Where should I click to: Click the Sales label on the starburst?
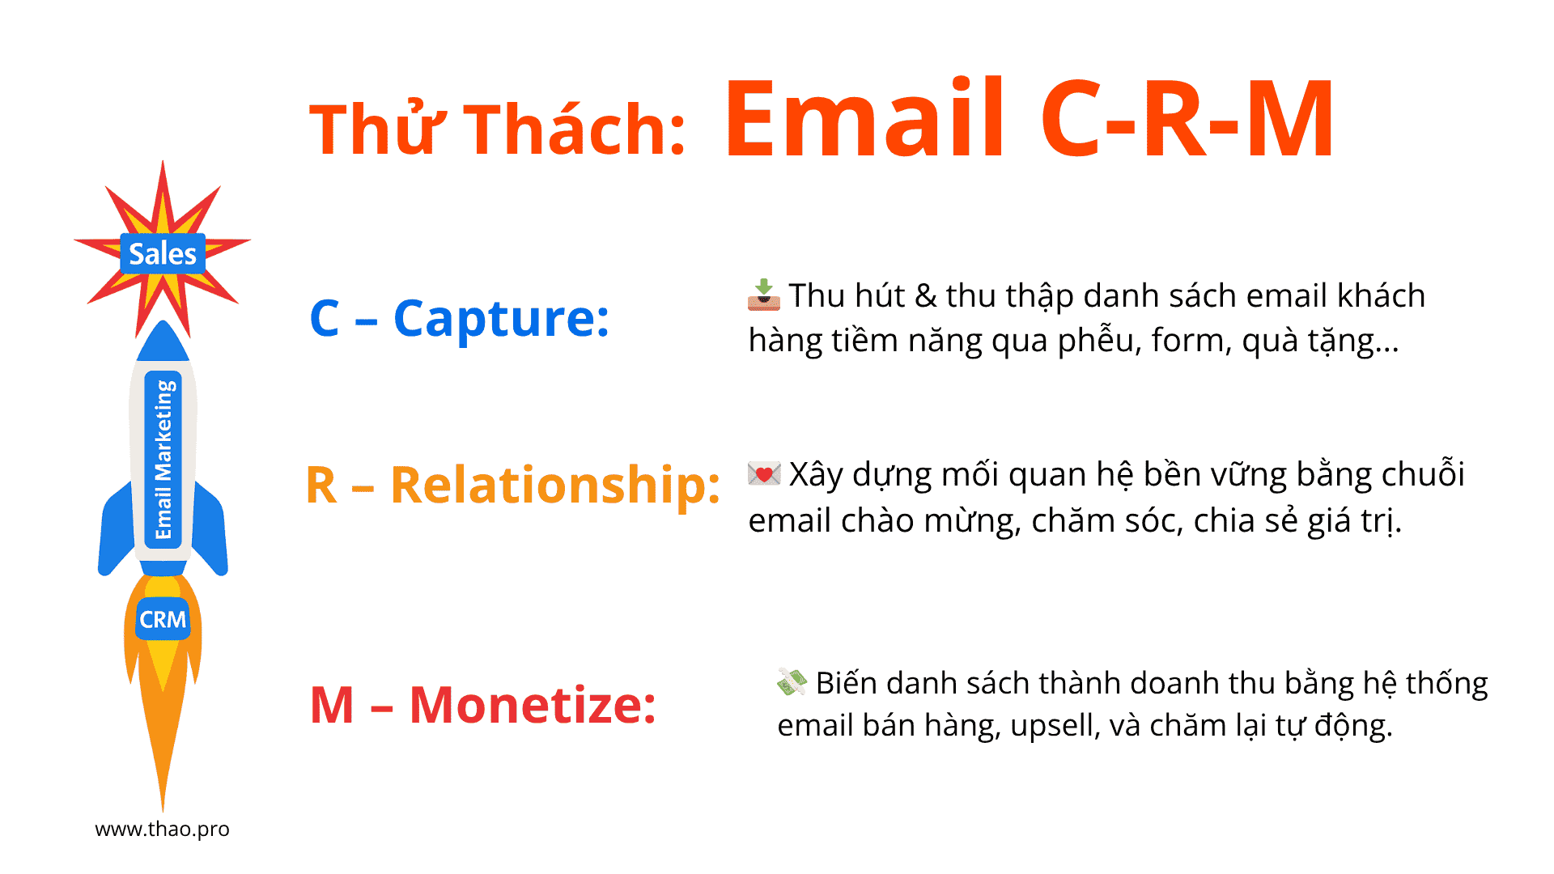point(163,254)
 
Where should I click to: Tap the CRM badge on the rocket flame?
point(163,619)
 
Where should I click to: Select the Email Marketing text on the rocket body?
point(163,459)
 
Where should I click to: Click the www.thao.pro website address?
point(162,829)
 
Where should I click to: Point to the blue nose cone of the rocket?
point(163,342)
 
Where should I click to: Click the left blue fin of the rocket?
point(116,530)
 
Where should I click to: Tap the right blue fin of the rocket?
point(210,530)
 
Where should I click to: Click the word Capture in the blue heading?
point(501,319)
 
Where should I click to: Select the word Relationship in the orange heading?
point(555,486)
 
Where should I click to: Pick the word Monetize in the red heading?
point(533,705)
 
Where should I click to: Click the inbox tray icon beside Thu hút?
point(764,295)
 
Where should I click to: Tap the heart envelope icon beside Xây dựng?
point(764,473)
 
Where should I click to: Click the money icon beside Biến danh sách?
point(792,681)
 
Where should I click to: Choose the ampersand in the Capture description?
point(925,296)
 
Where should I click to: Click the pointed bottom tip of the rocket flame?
point(163,810)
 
